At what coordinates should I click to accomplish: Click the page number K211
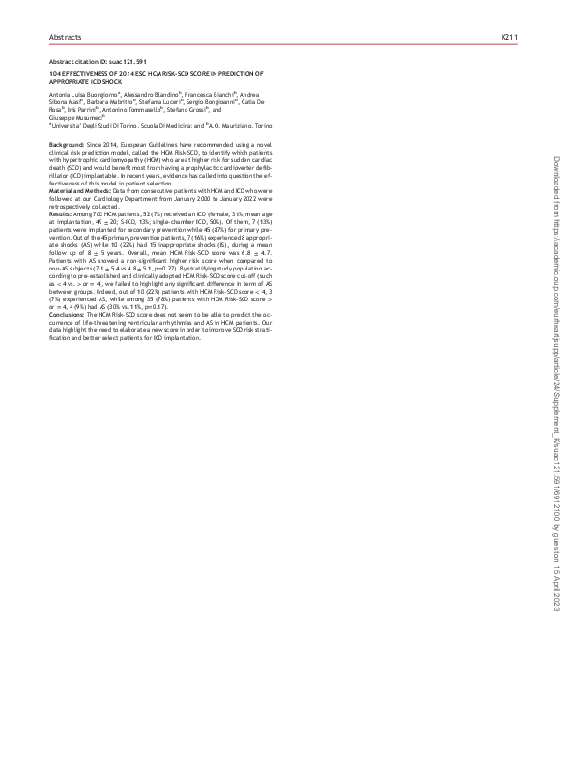pyautogui.click(x=511, y=38)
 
